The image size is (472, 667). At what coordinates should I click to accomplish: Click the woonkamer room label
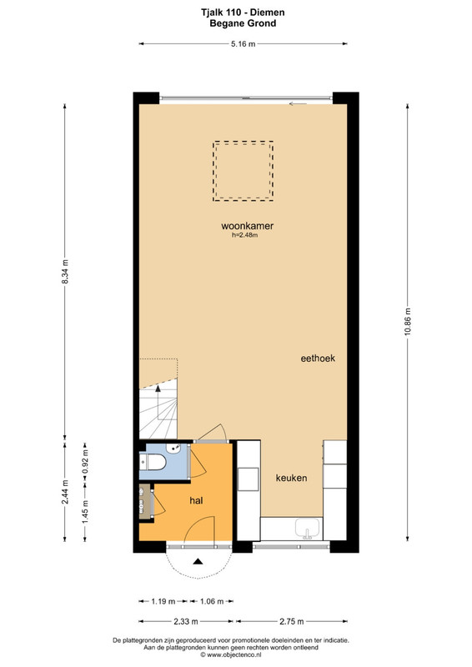tap(247, 226)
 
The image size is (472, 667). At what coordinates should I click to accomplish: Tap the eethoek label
tap(318, 359)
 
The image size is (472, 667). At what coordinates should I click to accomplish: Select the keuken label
tap(291, 478)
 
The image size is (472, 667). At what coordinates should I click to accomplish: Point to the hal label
tap(196, 501)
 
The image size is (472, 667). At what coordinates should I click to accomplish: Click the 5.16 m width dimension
tap(243, 44)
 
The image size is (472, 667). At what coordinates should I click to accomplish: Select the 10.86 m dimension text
tap(408, 321)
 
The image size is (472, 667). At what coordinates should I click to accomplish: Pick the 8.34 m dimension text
tap(65, 272)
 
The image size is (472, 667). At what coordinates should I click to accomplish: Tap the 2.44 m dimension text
tap(65, 492)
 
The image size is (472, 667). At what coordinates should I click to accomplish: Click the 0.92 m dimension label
tap(85, 462)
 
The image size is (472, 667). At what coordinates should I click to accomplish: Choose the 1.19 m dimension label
tap(163, 601)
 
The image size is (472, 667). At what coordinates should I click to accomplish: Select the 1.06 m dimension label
tap(212, 601)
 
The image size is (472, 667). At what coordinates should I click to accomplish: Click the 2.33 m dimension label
tap(186, 621)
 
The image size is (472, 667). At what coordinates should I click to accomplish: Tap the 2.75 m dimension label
tap(292, 621)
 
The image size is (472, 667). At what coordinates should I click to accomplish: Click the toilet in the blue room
tap(153, 462)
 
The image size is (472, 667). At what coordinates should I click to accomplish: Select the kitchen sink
tap(308, 529)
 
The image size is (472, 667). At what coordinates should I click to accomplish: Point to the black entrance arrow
tap(198, 561)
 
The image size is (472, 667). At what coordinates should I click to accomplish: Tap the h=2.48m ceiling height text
tap(244, 235)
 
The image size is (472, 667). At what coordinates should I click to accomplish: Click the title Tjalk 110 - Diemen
tap(243, 13)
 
